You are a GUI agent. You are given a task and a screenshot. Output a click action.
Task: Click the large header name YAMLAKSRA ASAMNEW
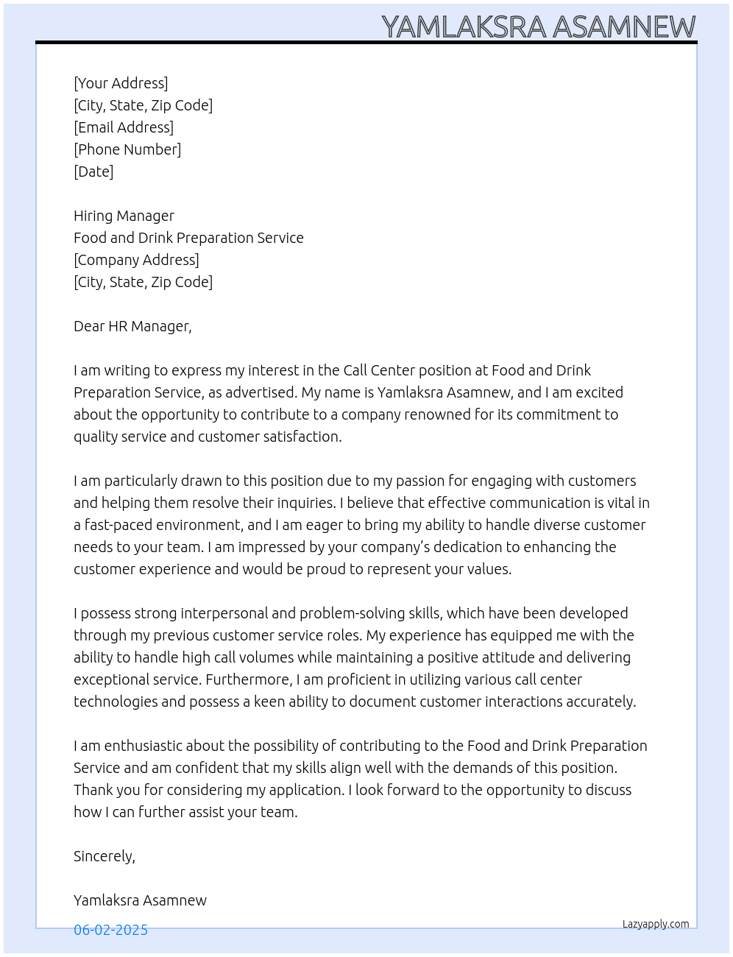(x=538, y=27)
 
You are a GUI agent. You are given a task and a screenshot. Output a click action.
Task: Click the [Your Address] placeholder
(x=121, y=83)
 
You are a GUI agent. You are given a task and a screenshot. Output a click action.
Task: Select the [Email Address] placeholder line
(x=124, y=127)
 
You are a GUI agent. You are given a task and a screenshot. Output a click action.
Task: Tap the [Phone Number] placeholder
(x=127, y=149)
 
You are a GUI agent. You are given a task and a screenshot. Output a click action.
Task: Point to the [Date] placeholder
(x=93, y=172)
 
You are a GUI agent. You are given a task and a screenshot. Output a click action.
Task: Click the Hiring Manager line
(x=124, y=216)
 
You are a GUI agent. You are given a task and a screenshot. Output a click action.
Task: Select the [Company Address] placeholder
(x=136, y=260)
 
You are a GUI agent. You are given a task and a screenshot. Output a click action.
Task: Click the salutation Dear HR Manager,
(x=132, y=326)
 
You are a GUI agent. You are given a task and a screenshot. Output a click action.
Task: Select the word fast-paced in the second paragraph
(x=120, y=525)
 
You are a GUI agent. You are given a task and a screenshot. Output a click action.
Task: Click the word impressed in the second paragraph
(x=280, y=547)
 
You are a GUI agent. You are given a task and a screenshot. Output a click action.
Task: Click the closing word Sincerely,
(x=105, y=856)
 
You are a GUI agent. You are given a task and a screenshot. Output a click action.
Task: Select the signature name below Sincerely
(x=140, y=900)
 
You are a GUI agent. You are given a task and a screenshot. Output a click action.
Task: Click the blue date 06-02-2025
(x=110, y=930)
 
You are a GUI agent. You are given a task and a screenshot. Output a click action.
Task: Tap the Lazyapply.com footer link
(x=656, y=924)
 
